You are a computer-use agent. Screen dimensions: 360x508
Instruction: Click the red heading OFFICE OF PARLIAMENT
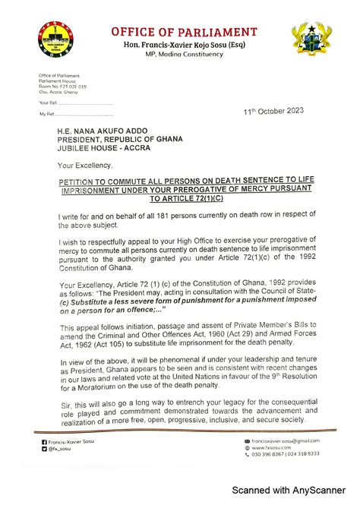coord(185,32)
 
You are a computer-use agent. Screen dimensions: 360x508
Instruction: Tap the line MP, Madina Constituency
coord(185,55)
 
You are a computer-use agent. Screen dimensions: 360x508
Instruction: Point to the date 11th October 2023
coord(273,111)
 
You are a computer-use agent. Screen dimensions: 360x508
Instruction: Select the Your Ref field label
coord(47,102)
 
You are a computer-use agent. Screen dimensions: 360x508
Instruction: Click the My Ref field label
coord(46,114)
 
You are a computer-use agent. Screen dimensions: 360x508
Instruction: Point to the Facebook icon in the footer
coord(43,441)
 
